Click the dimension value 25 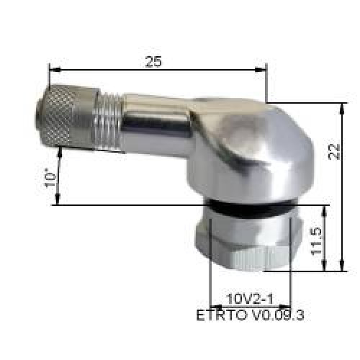point(153,61)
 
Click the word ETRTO point(215,315)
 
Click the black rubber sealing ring point(248,210)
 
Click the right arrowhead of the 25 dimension point(264,71)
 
